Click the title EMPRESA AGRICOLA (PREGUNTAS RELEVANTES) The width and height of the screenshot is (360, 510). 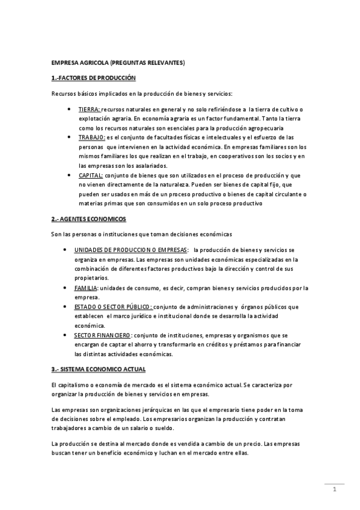pos(117,63)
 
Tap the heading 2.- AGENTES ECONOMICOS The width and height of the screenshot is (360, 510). pos(89,218)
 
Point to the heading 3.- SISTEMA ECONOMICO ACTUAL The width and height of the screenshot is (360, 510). pos(98,368)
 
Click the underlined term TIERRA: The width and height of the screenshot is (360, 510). pos(90,109)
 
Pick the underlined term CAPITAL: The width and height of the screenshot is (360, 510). pos(90,175)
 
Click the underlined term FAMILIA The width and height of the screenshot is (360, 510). pos(86,288)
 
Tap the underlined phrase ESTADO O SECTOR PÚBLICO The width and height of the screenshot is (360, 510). pos(112,307)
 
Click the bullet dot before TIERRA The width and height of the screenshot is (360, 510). pos(70,110)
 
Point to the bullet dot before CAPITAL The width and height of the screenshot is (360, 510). pos(70,176)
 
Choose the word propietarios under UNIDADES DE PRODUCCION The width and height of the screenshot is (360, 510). pos(91,278)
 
